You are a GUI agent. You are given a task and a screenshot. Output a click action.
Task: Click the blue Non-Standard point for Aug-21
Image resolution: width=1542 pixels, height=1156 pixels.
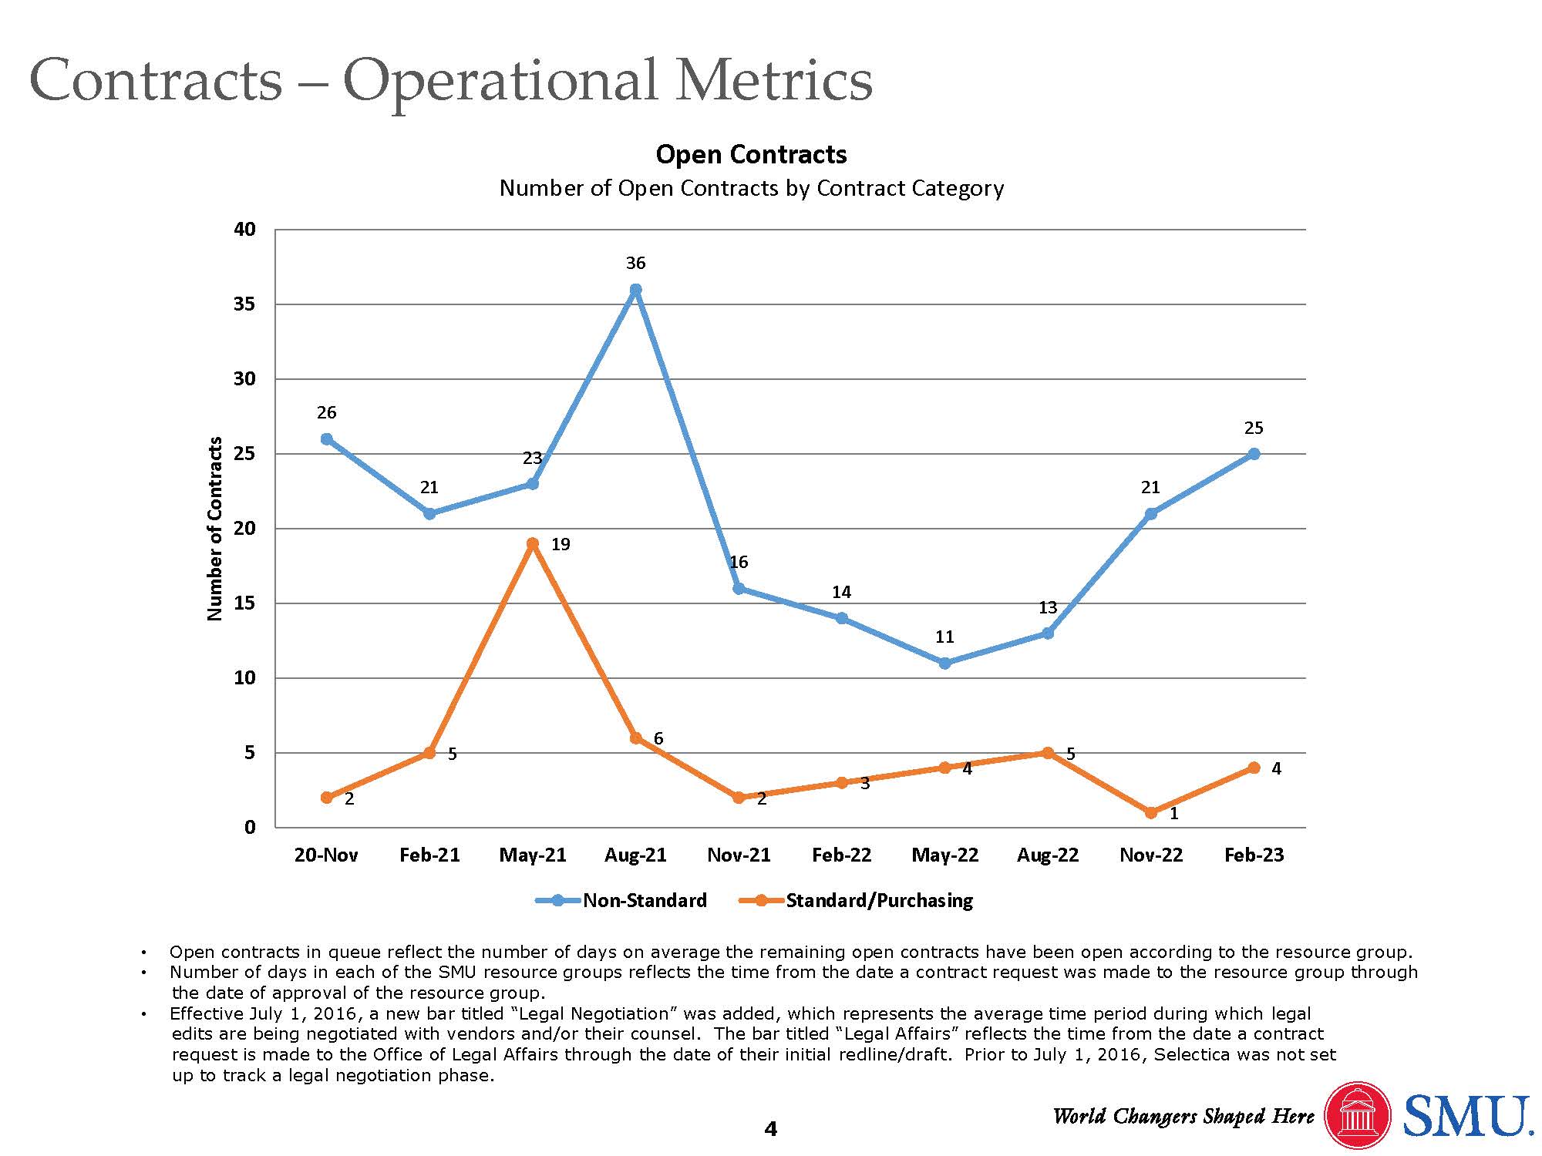click(x=635, y=290)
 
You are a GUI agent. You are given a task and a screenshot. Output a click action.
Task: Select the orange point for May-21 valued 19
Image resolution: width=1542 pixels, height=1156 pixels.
click(x=532, y=543)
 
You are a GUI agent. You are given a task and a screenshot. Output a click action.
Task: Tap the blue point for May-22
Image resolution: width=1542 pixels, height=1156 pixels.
click(x=944, y=663)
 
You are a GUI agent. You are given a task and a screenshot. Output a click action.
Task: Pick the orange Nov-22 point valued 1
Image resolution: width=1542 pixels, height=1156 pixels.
click(x=1150, y=812)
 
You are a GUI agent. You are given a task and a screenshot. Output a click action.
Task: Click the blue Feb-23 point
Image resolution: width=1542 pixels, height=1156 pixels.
click(x=1254, y=454)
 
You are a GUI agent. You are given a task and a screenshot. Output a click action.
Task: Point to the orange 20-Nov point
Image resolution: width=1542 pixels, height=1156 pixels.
click(x=326, y=798)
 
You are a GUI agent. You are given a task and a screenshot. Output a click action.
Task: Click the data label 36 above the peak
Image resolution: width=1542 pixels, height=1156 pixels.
click(x=635, y=264)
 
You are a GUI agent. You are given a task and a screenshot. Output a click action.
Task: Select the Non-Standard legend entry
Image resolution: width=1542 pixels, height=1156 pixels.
click(x=621, y=900)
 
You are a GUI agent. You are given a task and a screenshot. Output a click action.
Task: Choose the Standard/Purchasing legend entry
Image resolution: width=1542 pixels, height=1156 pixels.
click(x=856, y=900)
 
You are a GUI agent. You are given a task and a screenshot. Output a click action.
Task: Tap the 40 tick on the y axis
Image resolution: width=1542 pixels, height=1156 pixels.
click(x=244, y=229)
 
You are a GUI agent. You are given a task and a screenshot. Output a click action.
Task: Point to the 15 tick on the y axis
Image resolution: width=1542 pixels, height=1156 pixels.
click(x=244, y=603)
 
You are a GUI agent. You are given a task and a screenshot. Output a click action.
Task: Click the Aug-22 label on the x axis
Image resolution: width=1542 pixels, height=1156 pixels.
click(x=1048, y=855)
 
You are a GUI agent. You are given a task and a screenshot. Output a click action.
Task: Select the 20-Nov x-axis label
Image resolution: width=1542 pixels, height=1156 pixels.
click(x=326, y=855)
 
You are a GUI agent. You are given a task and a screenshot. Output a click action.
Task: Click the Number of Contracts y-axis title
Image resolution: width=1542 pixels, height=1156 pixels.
click(x=215, y=529)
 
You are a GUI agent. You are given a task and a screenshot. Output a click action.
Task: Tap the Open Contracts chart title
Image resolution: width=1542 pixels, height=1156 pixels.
click(x=751, y=154)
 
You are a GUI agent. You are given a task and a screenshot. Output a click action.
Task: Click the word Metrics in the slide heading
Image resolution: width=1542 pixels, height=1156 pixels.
click(x=773, y=80)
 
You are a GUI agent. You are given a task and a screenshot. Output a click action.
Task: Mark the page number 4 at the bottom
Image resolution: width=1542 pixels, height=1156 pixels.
click(x=770, y=1129)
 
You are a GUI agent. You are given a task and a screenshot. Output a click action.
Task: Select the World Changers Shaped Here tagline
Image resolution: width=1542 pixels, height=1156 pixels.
click(x=1183, y=1117)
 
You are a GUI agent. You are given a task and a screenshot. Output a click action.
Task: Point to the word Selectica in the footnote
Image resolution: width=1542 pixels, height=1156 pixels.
click(x=1192, y=1054)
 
